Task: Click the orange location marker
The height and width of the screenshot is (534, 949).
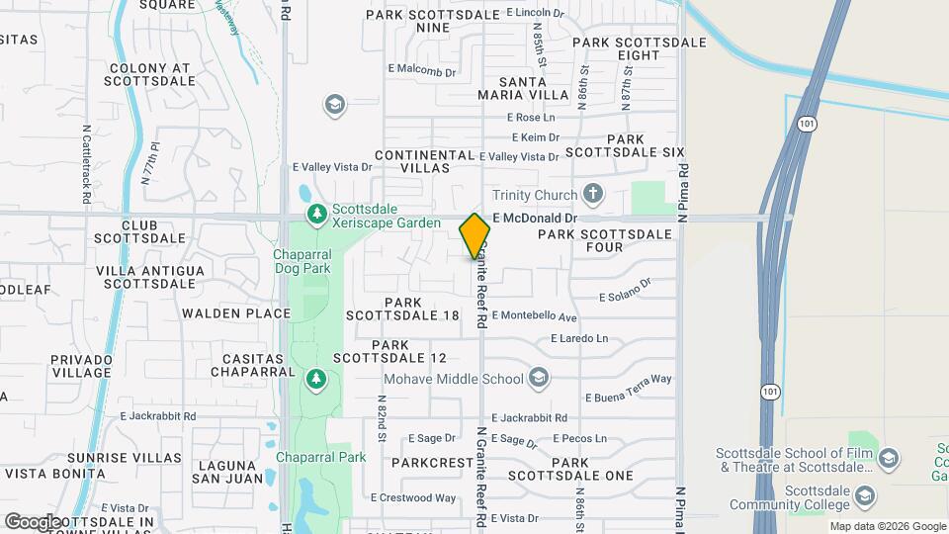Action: coord(474,236)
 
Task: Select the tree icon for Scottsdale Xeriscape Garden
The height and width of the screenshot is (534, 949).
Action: coord(316,212)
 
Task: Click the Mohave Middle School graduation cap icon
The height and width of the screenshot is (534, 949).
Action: coord(538,378)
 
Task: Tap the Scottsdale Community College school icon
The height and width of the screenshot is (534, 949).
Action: coord(865,494)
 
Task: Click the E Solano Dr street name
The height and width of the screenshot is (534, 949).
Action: coord(626,290)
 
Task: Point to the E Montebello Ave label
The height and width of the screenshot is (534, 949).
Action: coord(534,316)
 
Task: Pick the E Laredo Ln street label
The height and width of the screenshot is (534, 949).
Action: coord(579,338)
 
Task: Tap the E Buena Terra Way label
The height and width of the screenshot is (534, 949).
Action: coord(629,387)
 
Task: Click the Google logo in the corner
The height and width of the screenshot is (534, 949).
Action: coord(33,521)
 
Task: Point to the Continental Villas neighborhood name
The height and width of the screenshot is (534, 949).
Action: coord(425,162)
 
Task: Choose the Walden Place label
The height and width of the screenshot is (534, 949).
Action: coord(236,313)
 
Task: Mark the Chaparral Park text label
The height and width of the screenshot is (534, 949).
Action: coord(320,457)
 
